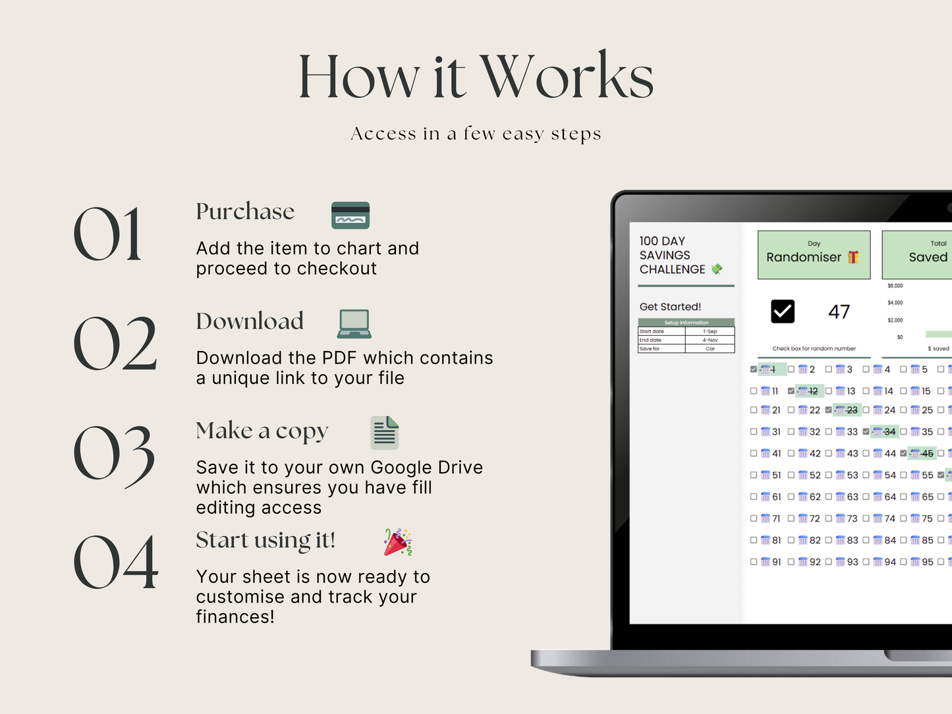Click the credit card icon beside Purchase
tap(350, 215)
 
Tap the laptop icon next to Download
tap(354, 323)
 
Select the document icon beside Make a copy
tap(385, 433)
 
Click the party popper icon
tap(398, 542)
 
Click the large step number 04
tap(116, 563)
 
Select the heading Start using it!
tap(266, 540)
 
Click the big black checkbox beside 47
tap(783, 312)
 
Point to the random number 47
tap(839, 312)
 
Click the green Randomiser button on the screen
tap(814, 255)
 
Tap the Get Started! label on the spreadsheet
tap(670, 307)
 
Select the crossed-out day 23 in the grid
tap(852, 410)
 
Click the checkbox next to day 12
tap(791, 391)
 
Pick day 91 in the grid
tap(777, 562)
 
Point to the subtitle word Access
tap(383, 134)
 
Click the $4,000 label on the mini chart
tap(895, 303)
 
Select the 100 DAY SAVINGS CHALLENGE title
tap(672, 255)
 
